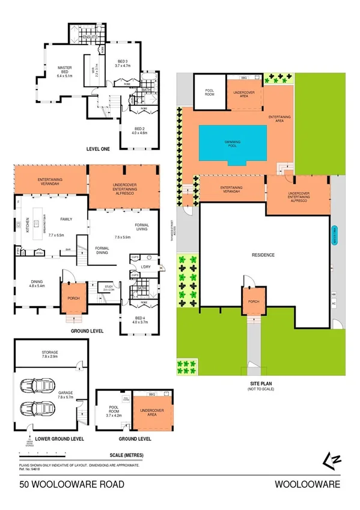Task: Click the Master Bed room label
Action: (64, 72)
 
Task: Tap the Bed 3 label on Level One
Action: (124, 64)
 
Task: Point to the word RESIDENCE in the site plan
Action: (263, 255)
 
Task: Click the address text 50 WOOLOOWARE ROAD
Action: (72, 485)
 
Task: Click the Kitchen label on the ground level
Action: (19, 227)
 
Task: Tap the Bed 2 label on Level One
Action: (139, 131)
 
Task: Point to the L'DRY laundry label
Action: (146, 266)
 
